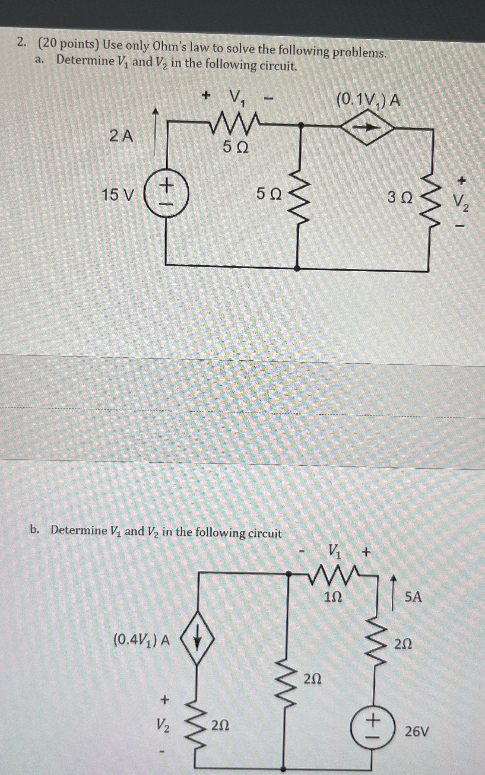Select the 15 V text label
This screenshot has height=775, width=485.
pyautogui.click(x=118, y=195)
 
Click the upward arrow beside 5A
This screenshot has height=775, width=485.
pyautogui.click(x=393, y=592)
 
